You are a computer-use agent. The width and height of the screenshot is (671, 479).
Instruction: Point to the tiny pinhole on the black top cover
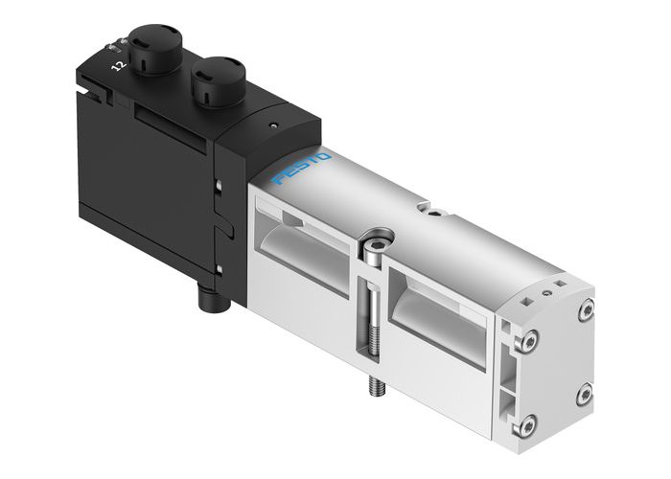click(x=274, y=125)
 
